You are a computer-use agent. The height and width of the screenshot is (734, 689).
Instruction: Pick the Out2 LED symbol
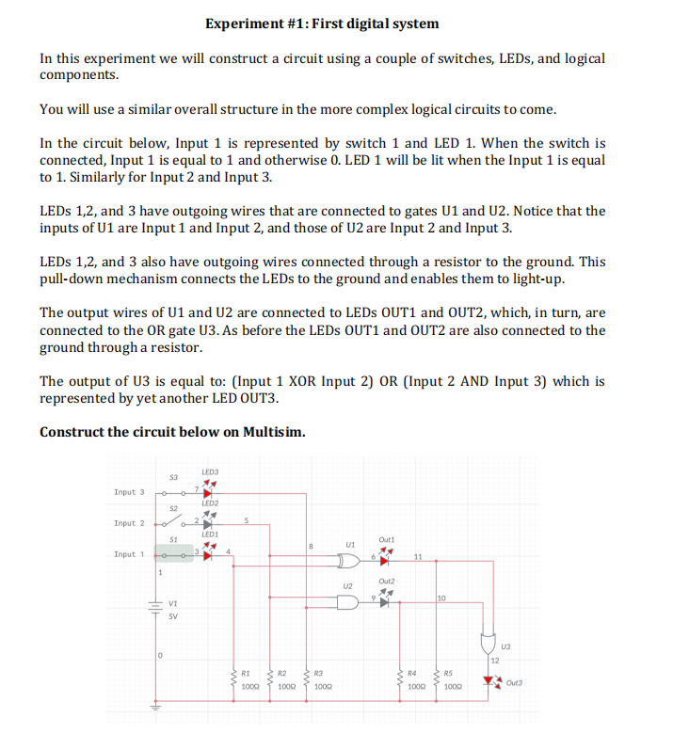click(384, 602)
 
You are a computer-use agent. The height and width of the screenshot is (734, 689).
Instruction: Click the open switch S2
click(170, 520)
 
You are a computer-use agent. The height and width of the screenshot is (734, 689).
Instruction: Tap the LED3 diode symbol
click(208, 490)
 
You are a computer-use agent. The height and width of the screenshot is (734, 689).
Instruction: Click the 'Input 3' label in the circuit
click(130, 491)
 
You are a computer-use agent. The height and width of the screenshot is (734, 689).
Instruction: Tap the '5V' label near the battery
click(173, 617)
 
